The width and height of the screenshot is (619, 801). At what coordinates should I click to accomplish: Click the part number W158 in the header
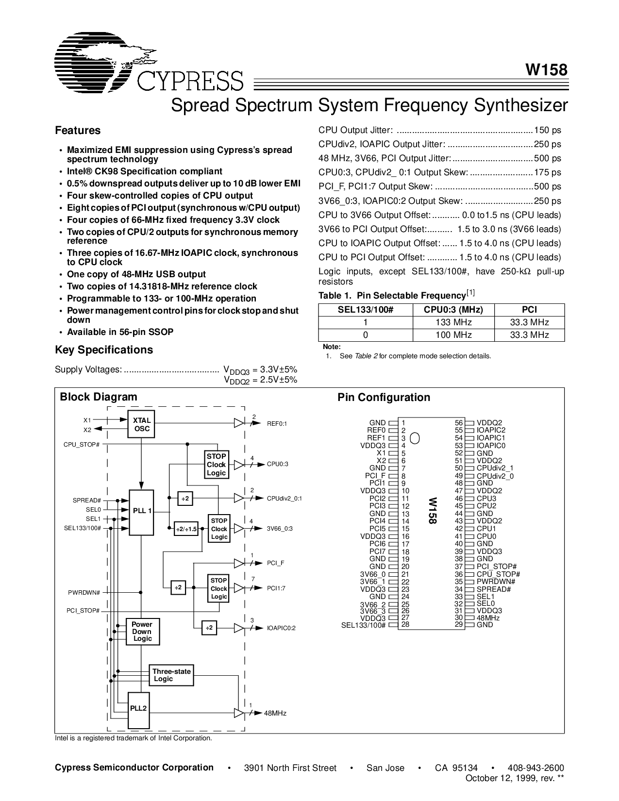pyautogui.click(x=546, y=70)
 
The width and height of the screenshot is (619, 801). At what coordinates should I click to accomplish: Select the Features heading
pyautogui.click(x=78, y=131)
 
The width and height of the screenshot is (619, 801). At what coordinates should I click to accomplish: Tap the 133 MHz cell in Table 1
pyautogui.click(x=453, y=322)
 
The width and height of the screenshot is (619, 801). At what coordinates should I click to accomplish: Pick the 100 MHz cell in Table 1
pyautogui.click(x=453, y=335)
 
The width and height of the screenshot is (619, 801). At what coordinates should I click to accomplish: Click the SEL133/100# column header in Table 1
pyautogui.click(x=365, y=310)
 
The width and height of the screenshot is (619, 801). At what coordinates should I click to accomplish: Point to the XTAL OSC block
pyautogui.click(x=142, y=424)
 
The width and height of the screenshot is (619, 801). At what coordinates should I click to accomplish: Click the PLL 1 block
pyautogui.click(x=142, y=511)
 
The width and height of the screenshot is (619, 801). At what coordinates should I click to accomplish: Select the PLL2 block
pyautogui.click(x=138, y=708)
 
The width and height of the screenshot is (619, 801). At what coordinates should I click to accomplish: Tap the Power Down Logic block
pyautogui.click(x=142, y=632)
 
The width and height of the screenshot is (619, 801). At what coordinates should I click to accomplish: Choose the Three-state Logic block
pyautogui.click(x=171, y=675)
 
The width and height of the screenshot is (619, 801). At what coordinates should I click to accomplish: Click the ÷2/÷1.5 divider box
pyautogui.click(x=186, y=529)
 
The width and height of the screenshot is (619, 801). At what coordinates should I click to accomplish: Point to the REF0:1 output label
pyautogui.click(x=277, y=424)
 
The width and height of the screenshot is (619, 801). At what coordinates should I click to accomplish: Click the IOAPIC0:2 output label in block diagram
pyautogui.click(x=281, y=628)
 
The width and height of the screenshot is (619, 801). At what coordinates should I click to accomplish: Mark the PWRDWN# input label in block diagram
pyautogui.click(x=84, y=593)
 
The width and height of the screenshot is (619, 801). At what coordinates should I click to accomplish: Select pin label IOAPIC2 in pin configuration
pyautogui.click(x=491, y=430)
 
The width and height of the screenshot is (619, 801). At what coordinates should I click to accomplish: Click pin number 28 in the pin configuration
pyautogui.click(x=405, y=625)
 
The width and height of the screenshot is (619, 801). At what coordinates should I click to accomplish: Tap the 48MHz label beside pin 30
pyautogui.click(x=488, y=618)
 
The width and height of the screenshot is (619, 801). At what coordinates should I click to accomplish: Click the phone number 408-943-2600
pyautogui.click(x=535, y=768)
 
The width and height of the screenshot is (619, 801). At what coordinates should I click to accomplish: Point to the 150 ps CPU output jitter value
pyautogui.click(x=547, y=130)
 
